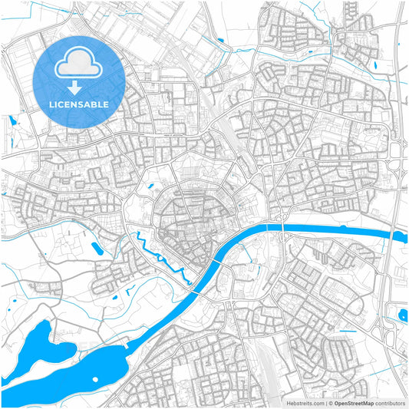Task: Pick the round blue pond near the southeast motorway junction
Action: point(403,313)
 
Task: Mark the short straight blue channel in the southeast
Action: point(347,331)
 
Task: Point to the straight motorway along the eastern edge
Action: point(400,92)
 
